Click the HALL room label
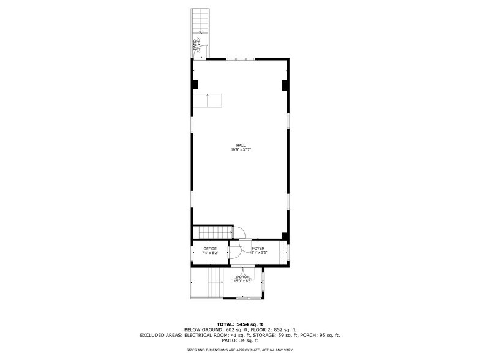[242, 145]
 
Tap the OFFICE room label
[210, 249]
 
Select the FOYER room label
[258, 249]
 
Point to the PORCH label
[243, 277]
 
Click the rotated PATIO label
[195, 44]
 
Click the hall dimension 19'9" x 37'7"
[242, 150]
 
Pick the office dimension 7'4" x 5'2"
[210, 253]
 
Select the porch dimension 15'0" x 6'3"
[243, 281]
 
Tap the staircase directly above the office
[212, 233]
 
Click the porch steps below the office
[214, 283]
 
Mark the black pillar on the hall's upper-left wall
[195, 84]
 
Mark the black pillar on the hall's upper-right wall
[285, 84]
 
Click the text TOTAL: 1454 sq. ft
[240, 324]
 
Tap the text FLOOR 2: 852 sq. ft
[274, 329]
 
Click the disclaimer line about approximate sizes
[240, 350]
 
